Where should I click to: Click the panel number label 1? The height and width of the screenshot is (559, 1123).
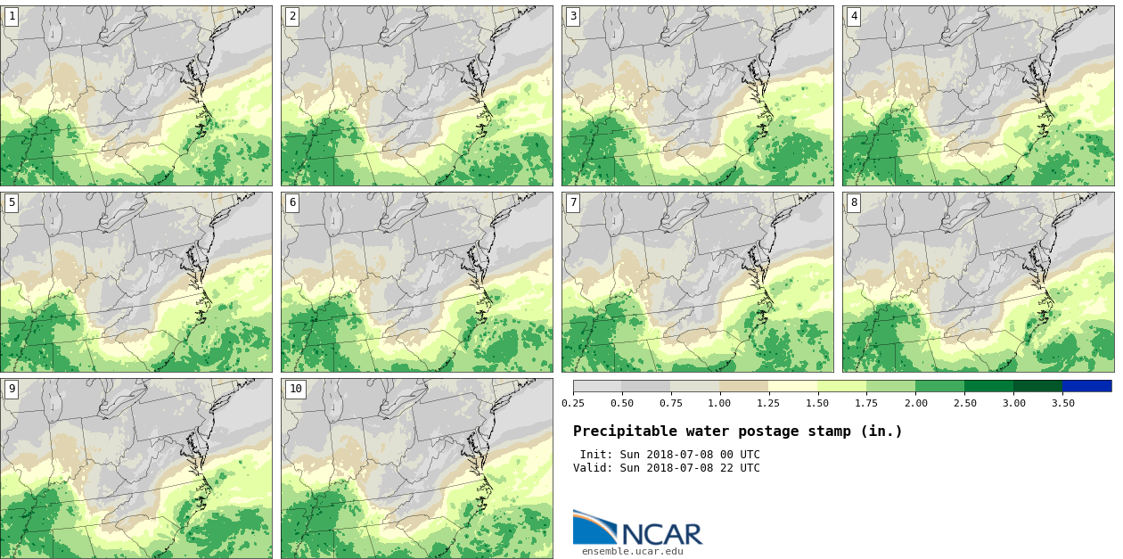point(12,16)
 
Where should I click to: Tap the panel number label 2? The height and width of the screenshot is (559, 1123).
point(292,16)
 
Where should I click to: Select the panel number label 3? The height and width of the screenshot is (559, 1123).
point(573,16)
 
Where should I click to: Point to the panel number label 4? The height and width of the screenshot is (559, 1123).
point(854,16)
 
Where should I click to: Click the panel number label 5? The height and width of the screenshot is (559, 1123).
point(12,202)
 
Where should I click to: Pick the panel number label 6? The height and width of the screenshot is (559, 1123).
point(292,202)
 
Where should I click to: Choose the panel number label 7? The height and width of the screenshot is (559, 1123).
point(573,202)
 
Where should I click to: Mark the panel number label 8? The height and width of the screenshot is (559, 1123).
point(854,202)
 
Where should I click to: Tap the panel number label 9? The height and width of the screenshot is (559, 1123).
point(12,389)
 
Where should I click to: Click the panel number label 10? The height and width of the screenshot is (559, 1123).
point(295,389)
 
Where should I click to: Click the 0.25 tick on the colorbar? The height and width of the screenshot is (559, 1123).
point(573,403)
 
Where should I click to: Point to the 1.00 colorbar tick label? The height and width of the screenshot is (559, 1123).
point(720,403)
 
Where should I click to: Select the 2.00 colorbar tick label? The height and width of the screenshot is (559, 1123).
point(916,403)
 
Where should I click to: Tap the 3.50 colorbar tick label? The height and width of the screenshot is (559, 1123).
point(1062,403)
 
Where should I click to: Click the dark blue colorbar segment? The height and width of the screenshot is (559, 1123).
point(1086,386)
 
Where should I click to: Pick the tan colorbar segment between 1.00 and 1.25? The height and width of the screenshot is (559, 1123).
point(744,386)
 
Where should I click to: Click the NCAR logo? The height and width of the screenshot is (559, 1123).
point(637,528)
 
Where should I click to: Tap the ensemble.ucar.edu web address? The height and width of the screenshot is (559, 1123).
point(633,551)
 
